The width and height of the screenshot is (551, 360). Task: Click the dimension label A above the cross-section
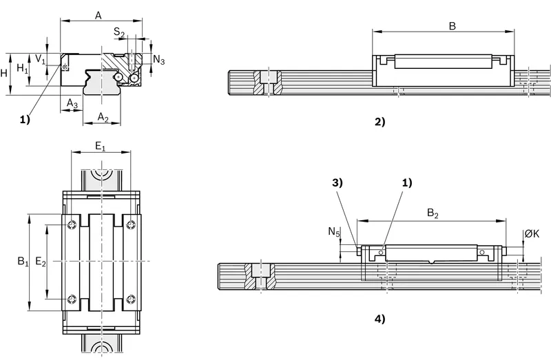point(98,15)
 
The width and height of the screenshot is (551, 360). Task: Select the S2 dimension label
point(119,32)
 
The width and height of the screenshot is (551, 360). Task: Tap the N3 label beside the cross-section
point(159,60)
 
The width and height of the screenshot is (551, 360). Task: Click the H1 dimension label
point(23,67)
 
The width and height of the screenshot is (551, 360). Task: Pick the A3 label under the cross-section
point(72,103)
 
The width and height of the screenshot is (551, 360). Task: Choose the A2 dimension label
point(103,117)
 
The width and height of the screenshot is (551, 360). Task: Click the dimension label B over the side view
point(453,25)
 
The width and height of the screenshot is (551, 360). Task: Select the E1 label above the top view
point(101,146)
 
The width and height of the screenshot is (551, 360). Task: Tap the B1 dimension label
point(23,262)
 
